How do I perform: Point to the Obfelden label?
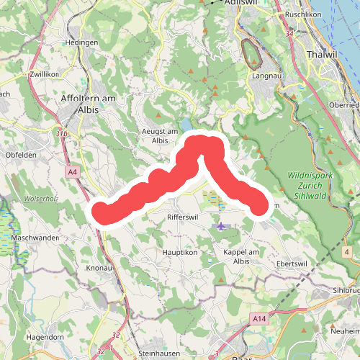20,154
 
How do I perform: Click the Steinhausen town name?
158,354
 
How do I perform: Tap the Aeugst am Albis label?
160,135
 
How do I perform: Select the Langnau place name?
266,74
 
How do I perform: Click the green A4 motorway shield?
73,172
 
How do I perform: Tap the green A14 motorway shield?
259,318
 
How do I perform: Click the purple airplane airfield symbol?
220,226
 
